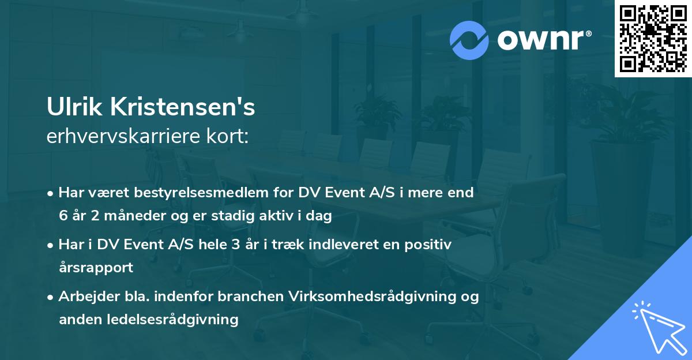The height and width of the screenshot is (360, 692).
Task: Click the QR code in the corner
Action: (x=653, y=38)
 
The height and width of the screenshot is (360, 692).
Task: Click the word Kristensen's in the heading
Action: (x=180, y=108)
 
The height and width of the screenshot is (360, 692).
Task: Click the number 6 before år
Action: (x=63, y=216)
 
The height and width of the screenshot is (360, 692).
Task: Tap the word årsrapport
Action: (x=96, y=268)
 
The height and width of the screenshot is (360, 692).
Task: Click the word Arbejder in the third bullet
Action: (x=86, y=297)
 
